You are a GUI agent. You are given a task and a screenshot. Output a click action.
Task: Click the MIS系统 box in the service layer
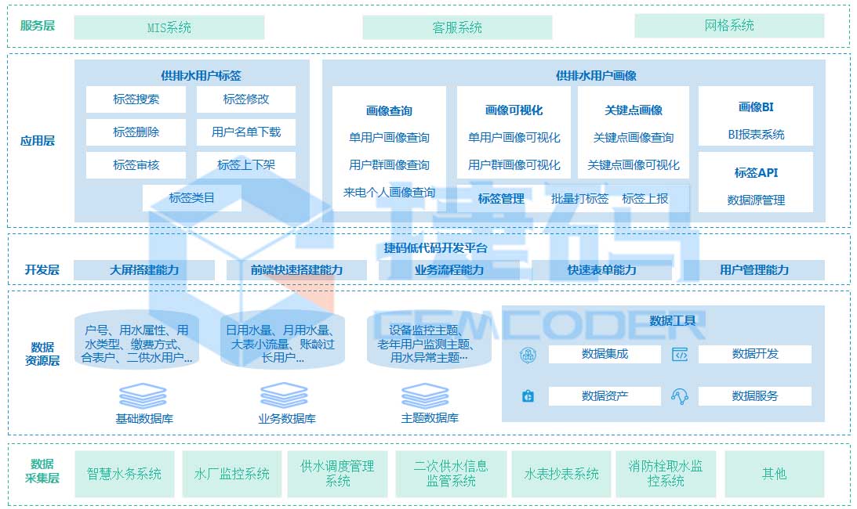(x=169, y=27)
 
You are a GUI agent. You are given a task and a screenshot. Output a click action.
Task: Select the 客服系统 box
(x=457, y=27)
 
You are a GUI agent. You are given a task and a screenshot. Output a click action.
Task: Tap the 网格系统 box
(x=729, y=26)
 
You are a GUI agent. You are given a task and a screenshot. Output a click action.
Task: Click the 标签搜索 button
(x=136, y=99)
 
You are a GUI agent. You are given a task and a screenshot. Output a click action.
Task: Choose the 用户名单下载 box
(x=245, y=132)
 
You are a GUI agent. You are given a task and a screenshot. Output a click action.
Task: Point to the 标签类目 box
(x=191, y=198)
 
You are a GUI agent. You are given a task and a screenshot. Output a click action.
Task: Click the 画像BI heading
(x=756, y=107)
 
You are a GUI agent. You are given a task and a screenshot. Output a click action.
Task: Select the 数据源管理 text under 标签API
(x=756, y=200)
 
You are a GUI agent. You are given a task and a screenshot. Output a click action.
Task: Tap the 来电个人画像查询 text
(x=389, y=193)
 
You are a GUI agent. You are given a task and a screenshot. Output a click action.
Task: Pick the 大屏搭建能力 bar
(x=144, y=270)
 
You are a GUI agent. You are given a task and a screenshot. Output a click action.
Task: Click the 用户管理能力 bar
(x=754, y=270)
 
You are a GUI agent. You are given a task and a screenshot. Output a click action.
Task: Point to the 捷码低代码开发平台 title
(x=436, y=248)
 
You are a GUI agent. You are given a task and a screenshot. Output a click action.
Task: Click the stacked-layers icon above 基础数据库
(x=143, y=395)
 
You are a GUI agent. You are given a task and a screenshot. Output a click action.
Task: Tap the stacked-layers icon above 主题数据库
(x=424, y=395)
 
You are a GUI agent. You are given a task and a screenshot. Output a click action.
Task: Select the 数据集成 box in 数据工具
(x=605, y=354)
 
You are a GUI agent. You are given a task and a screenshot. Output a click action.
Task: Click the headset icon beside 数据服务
(x=679, y=396)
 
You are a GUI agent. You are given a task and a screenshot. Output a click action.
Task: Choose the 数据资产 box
(x=605, y=396)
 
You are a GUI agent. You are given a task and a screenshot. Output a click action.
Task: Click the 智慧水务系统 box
(x=124, y=474)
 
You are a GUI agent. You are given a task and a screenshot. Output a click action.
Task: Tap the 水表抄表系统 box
(x=561, y=474)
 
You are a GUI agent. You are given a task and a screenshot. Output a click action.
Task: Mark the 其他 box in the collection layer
(x=774, y=474)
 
